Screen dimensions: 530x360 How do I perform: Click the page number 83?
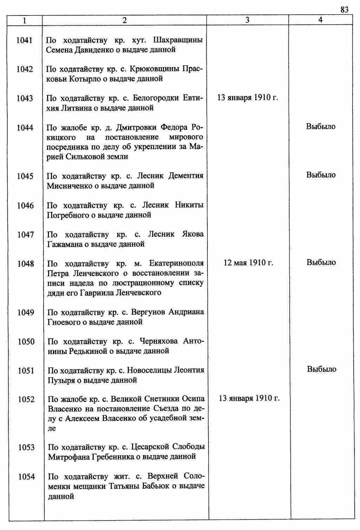[344, 10]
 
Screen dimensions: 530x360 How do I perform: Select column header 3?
[247, 20]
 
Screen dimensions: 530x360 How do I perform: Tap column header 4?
[320, 20]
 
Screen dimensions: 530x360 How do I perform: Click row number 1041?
[25, 40]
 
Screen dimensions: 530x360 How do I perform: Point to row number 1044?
[25, 128]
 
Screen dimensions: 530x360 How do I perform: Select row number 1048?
[26, 264]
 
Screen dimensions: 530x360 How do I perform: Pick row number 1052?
[26, 399]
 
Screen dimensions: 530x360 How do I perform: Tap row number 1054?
[27, 477]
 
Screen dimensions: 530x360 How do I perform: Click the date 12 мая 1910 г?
[248, 263]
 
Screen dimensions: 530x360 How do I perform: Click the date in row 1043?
[247, 97]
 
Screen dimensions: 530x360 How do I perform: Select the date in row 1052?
[249, 398]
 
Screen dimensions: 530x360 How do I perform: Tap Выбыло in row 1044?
[321, 126]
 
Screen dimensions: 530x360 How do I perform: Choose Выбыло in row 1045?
[321, 175]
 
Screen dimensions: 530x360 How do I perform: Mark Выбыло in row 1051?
[322, 369]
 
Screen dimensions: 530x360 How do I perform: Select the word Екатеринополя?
[176, 263]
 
